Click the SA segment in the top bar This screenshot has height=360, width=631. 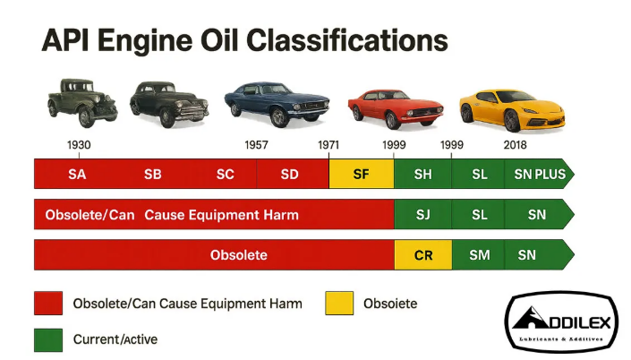[77, 174]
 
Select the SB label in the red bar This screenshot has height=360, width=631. [153, 174]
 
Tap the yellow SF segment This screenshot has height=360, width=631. [361, 174]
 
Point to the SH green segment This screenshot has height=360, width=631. [422, 174]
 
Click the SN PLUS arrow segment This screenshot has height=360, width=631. [540, 174]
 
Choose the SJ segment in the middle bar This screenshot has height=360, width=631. [422, 215]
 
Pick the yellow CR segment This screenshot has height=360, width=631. [422, 255]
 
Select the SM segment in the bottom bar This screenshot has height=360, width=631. [479, 255]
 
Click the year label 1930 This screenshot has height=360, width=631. [79, 144]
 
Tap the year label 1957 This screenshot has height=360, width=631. [257, 144]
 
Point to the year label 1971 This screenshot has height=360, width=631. [329, 144]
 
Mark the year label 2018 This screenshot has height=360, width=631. [515, 144]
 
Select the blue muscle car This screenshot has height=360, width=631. [276, 102]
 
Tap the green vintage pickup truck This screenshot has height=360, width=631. [81, 102]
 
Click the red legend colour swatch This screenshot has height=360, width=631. [48, 304]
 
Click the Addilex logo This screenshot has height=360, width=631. [562, 321]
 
